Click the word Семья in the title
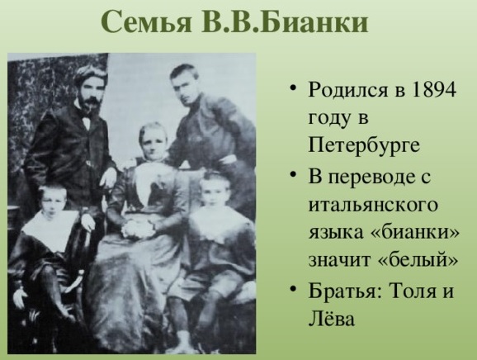coord(146,22)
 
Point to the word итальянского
coord(373,205)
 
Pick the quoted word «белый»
coord(418,260)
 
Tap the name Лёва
coord(331,319)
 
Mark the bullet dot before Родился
coord(293,88)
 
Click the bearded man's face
coord(89,93)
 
